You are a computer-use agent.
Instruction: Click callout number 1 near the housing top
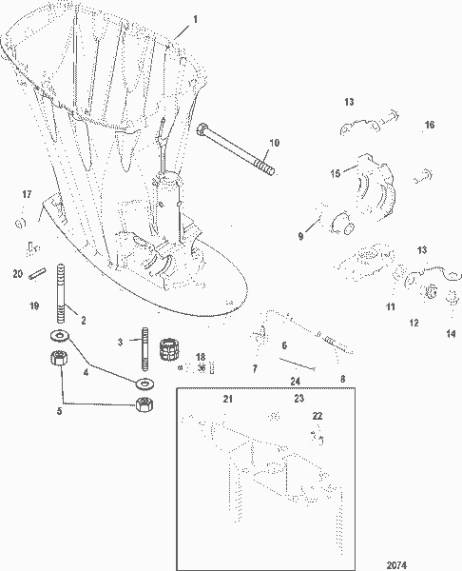click(196, 18)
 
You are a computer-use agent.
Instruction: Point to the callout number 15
click(335, 173)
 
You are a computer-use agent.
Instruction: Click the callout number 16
click(429, 125)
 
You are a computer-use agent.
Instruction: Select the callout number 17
click(26, 195)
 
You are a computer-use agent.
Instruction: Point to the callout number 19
click(33, 306)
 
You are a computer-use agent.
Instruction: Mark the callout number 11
click(390, 308)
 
